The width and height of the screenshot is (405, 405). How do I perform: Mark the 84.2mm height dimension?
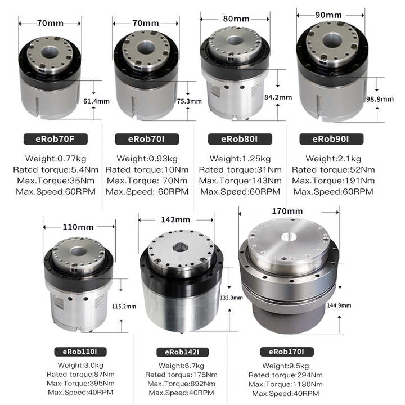[278, 97]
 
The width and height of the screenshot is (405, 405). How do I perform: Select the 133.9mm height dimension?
[231, 298]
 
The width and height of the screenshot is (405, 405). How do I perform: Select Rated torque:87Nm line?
[81, 374]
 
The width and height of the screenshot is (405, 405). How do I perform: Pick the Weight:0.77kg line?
[54, 158]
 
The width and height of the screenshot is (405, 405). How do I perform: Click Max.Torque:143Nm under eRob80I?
[241, 181]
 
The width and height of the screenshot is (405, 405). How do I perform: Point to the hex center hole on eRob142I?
[180, 247]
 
